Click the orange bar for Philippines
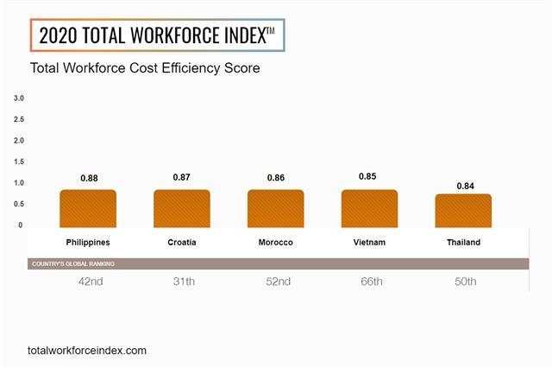coord(88,208)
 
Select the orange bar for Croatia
coord(182,208)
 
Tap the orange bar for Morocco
coord(275,208)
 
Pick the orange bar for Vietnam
coord(369,208)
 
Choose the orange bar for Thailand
coord(463,210)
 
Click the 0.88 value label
coord(89,178)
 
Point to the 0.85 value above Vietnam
coord(369,177)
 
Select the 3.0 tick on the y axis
coord(19,98)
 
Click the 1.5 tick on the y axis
coord(19,162)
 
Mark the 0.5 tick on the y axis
coord(19,204)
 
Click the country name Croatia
coord(182,243)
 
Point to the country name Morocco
coord(275,243)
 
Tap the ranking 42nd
coord(88,282)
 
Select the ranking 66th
coord(369,282)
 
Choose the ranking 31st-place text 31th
coord(182,282)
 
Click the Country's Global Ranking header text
coord(72,263)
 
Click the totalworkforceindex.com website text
coord(87,351)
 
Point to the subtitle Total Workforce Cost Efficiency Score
coord(145,67)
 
